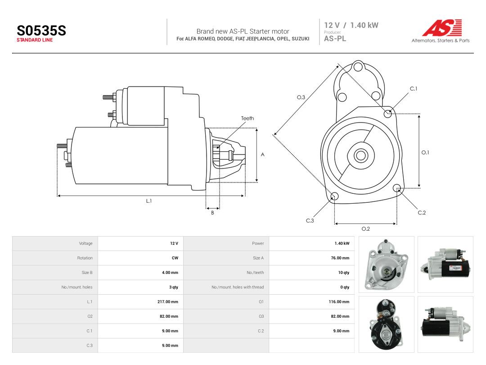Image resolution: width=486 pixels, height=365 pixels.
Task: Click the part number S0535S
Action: (41, 31)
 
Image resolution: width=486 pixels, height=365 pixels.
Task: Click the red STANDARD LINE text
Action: (35, 40)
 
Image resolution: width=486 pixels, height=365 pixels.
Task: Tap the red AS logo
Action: (442, 27)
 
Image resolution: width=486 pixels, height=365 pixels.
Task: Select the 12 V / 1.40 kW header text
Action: (351, 25)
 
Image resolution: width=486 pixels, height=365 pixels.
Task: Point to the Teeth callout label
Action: (247, 118)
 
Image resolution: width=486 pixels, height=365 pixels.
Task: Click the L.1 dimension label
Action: (149, 201)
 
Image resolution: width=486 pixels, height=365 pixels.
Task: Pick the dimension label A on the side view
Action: (262, 155)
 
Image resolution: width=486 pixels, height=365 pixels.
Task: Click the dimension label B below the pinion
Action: (212, 213)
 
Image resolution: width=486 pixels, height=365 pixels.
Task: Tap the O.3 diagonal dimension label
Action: (301, 97)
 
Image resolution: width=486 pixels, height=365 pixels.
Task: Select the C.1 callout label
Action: (414, 89)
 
